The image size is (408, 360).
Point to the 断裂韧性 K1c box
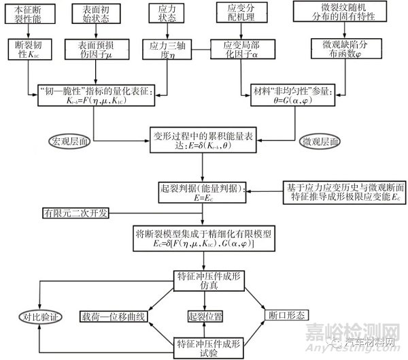pyautogui.click(x=27, y=48)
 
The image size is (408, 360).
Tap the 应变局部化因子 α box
pyautogui.click(x=238, y=48)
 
